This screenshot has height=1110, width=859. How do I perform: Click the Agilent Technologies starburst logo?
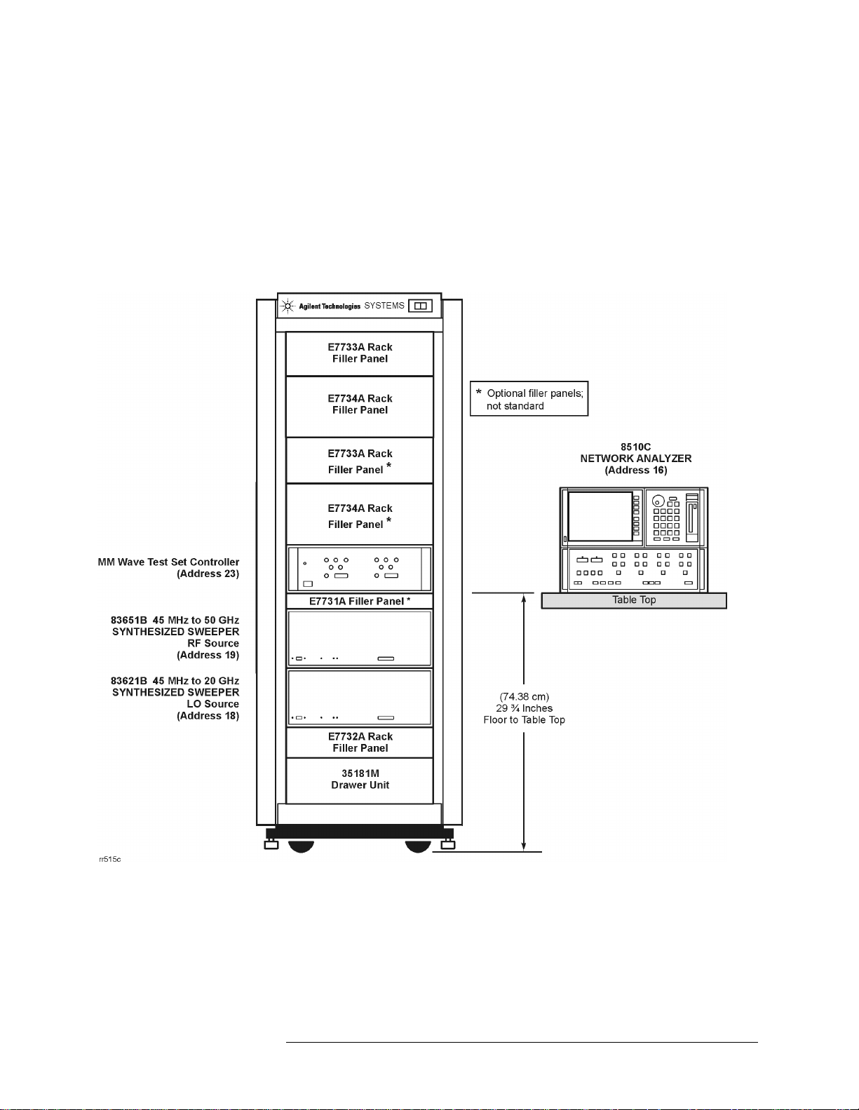pyautogui.click(x=287, y=306)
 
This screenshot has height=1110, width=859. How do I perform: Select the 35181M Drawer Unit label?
pyautogui.click(x=360, y=779)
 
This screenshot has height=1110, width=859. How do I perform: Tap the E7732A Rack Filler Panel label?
pyautogui.click(x=360, y=742)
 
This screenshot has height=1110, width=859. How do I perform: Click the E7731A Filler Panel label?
pyautogui.click(x=360, y=601)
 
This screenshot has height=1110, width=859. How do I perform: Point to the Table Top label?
pyautogui.click(x=634, y=600)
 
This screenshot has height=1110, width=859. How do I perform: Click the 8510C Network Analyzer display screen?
pyautogui.click(x=600, y=516)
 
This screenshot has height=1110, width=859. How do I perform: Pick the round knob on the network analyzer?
pyautogui.click(x=658, y=501)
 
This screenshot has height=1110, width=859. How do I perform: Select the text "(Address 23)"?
pyautogui.click(x=208, y=574)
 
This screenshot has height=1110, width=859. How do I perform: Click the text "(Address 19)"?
pyautogui.click(x=208, y=655)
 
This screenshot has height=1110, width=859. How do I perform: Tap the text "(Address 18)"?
pyautogui.click(x=208, y=716)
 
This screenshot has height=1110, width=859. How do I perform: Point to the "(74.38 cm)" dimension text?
pyautogui.click(x=524, y=696)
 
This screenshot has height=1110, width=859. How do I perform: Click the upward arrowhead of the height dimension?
pyautogui.click(x=524, y=599)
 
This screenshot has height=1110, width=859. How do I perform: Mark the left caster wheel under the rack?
pyautogui.click(x=301, y=846)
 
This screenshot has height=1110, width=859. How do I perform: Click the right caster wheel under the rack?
pyautogui.click(x=418, y=846)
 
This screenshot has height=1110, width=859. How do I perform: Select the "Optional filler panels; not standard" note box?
pyautogui.click(x=529, y=399)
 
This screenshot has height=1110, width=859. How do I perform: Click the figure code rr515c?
pyautogui.click(x=109, y=859)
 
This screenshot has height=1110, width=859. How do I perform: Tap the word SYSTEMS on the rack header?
pyautogui.click(x=384, y=306)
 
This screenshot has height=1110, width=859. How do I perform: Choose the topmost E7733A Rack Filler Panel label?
pyautogui.click(x=360, y=353)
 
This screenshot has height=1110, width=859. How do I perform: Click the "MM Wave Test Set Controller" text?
pyautogui.click(x=168, y=562)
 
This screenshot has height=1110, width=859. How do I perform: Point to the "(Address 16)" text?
pyautogui.click(x=636, y=470)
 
